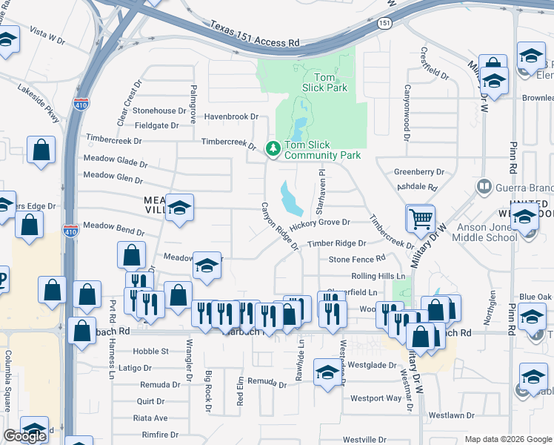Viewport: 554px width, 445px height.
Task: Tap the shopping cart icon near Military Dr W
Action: (x=421, y=218)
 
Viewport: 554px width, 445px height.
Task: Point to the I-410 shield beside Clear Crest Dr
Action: (x=82, y=105)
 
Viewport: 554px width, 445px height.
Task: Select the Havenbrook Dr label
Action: (x=231, y=116)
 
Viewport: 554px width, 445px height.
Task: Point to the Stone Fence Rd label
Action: (x=357, y=259)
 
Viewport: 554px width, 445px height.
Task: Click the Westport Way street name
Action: (x=376, y=398)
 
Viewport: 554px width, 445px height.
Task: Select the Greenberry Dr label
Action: (x=418, y=171)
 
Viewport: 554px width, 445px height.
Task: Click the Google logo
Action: (x=24, y=436)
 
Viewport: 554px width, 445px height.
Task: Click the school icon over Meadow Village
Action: (x=179, y=208)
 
